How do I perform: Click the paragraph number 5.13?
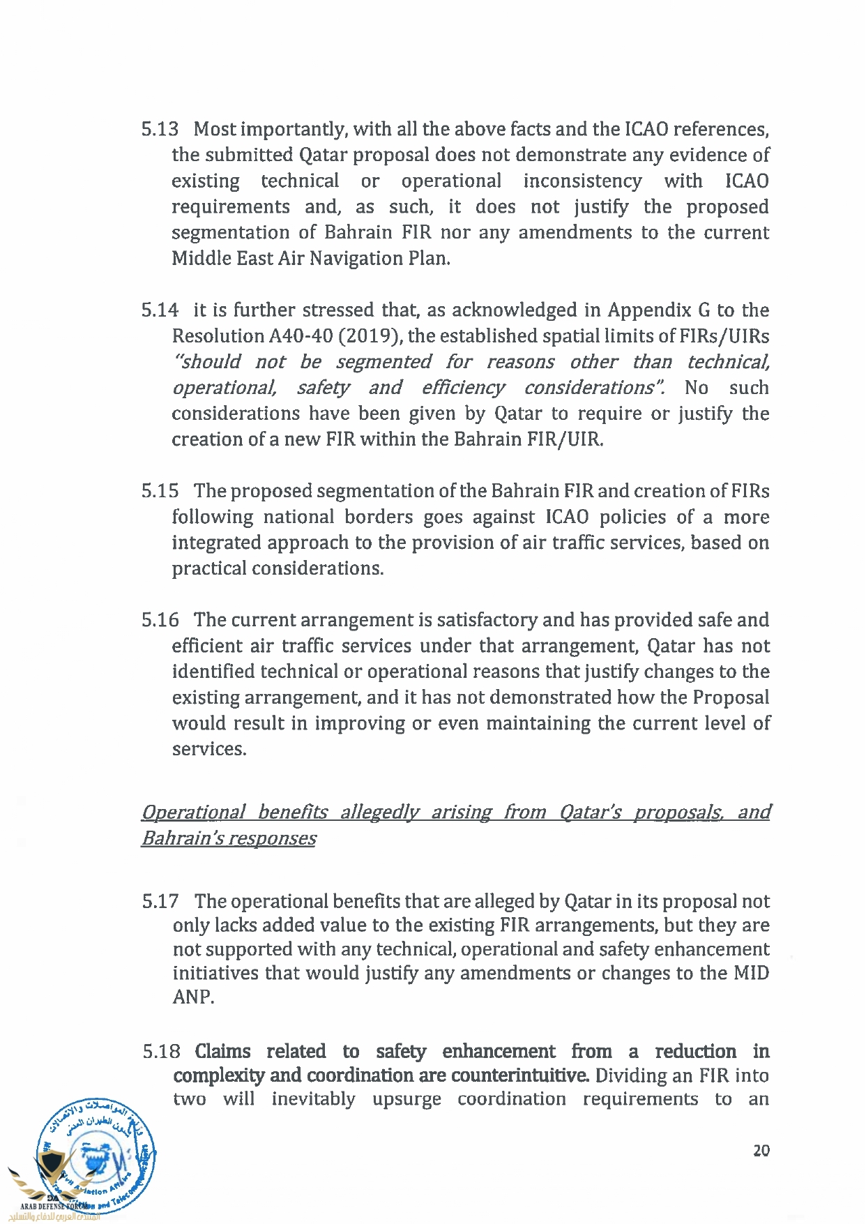(160, 130)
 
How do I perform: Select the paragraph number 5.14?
(160, 310)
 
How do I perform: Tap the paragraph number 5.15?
(160, 491)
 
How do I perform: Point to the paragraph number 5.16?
(160, 620)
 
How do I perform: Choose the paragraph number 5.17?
(160, 902)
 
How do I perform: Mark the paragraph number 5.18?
(161, 1052)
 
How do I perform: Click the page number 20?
(761, 1151)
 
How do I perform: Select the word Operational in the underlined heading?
(193, 813)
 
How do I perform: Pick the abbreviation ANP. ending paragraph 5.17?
(193, 997)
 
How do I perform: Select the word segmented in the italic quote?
(383, 362)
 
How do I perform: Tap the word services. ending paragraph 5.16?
(209, 750)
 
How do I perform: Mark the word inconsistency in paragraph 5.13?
(582, 181)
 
